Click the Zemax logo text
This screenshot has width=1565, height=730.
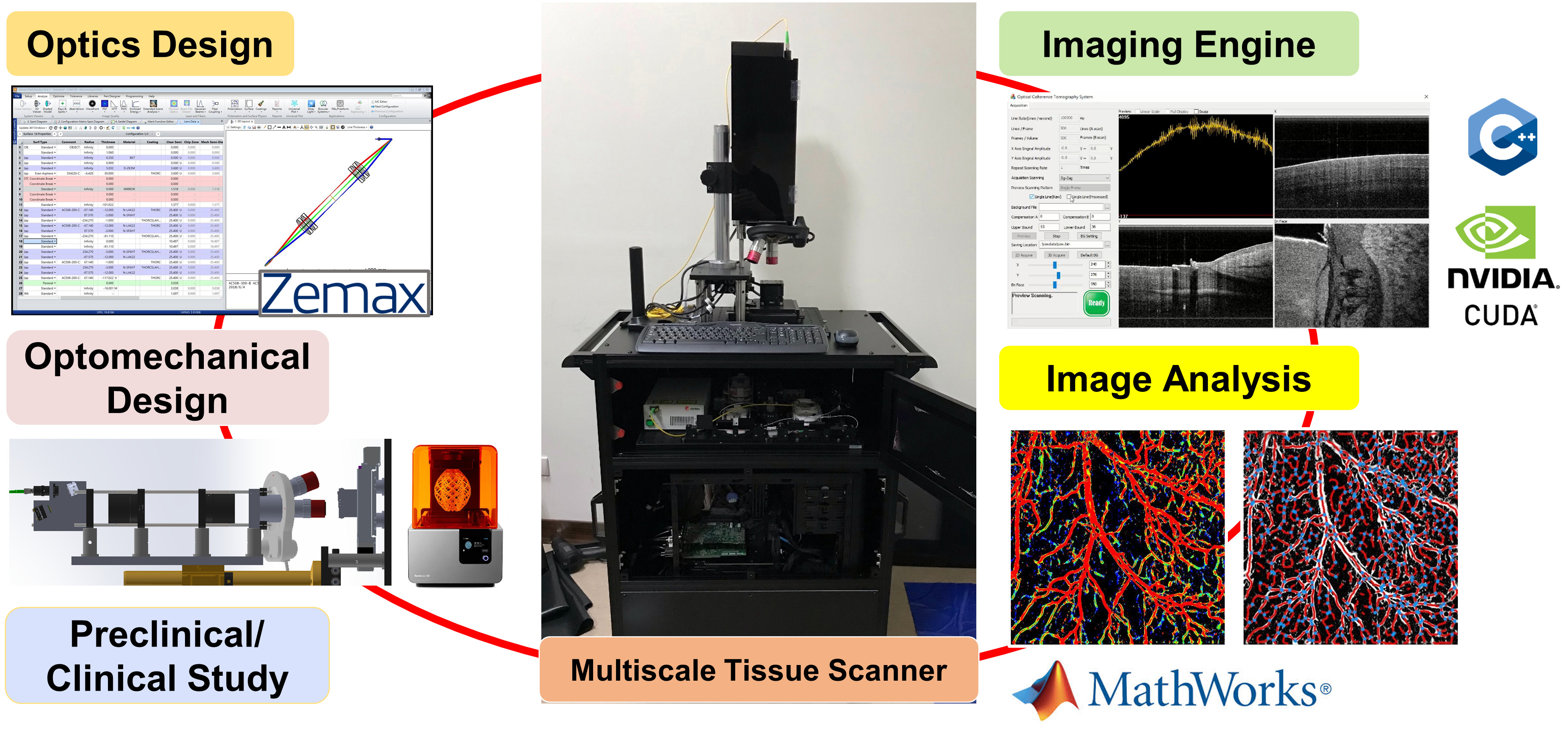click(x=344, y=293)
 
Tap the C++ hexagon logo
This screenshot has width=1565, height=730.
click(x=1502, y=137)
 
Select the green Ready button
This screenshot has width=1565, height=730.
click(x=1096, y=302)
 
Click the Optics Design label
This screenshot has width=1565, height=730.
click(x=150, y=45)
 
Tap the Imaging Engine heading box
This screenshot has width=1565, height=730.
click(x=1178, y=45)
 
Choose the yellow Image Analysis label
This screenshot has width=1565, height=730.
click(x=1178, y=378)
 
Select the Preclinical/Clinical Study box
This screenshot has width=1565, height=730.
click(x=167, y=656)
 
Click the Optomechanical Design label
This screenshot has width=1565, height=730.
click(x=167, y=378)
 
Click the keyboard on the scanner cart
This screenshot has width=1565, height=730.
click(x=732, y=337)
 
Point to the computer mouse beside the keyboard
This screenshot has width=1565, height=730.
click(x=846, y=336)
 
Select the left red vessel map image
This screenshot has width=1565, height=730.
click(x=1117, y=537)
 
